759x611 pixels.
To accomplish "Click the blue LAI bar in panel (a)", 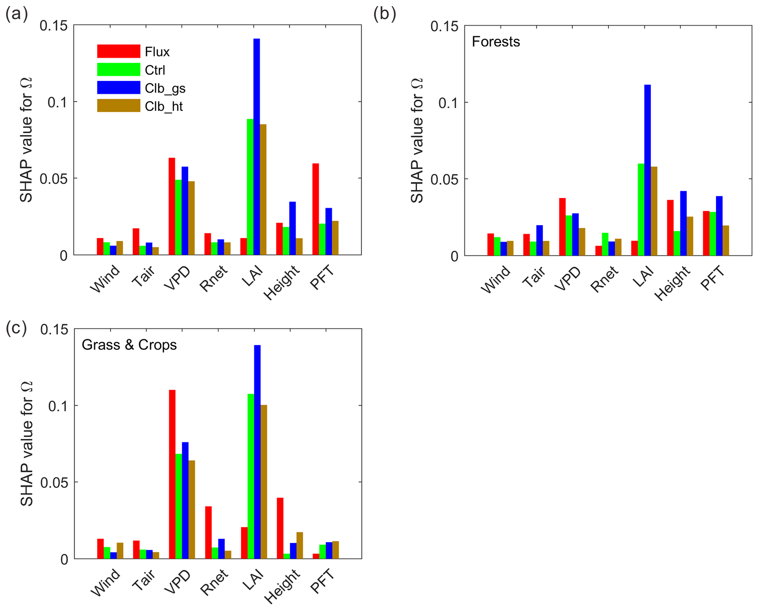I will pos(256,147).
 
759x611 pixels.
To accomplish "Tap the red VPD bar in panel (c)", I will pos(172,474).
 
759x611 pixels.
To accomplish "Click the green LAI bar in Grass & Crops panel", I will pos(251,476).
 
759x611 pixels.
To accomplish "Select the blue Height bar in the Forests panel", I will pos(683,223).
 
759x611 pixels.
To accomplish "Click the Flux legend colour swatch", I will pos(118,51).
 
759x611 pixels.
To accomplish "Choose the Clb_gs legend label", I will pos(165,88).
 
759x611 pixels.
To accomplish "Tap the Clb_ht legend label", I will pos(163,107).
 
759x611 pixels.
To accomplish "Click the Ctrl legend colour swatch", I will pos(118,69).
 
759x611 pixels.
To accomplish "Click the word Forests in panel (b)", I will pos(495,42).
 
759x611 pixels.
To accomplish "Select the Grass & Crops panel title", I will pos(129,345).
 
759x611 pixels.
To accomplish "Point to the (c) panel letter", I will pos(16,328).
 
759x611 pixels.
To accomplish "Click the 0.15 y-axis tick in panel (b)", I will pos(444,26).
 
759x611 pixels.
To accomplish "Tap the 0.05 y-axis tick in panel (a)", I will pos(54,179).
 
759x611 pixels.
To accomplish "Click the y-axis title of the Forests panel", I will pos(417,141).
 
